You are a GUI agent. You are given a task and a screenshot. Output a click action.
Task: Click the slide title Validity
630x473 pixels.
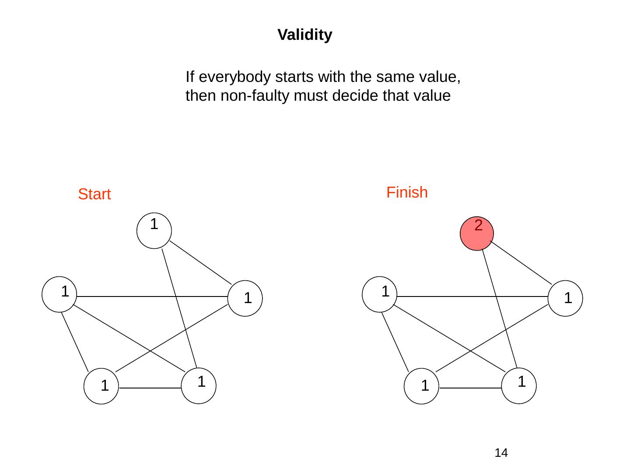pos(305,35)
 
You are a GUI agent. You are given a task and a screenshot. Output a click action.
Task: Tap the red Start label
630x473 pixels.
pos(94,194)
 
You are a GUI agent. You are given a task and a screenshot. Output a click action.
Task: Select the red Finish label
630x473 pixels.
pos(407,192)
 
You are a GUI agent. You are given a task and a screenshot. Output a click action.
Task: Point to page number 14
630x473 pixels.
pos(501,453)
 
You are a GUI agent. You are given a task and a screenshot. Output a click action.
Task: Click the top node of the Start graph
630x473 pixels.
pos(154,231)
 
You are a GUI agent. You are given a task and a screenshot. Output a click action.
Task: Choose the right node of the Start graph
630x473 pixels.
pos(246,298)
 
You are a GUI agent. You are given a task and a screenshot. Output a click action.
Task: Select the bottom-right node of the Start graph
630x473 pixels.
pos(199,386)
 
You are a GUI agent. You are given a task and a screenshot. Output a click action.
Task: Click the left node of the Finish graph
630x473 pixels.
pos(380,294)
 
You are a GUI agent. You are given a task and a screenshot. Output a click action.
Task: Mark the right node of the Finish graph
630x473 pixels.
pos(566,298)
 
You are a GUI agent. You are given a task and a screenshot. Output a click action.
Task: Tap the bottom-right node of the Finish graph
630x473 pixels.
pos(519,386)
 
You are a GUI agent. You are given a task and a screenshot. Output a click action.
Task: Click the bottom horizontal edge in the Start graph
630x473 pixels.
pos(150,388)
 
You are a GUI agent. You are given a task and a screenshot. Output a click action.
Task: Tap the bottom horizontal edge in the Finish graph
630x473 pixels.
pos(470,388)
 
